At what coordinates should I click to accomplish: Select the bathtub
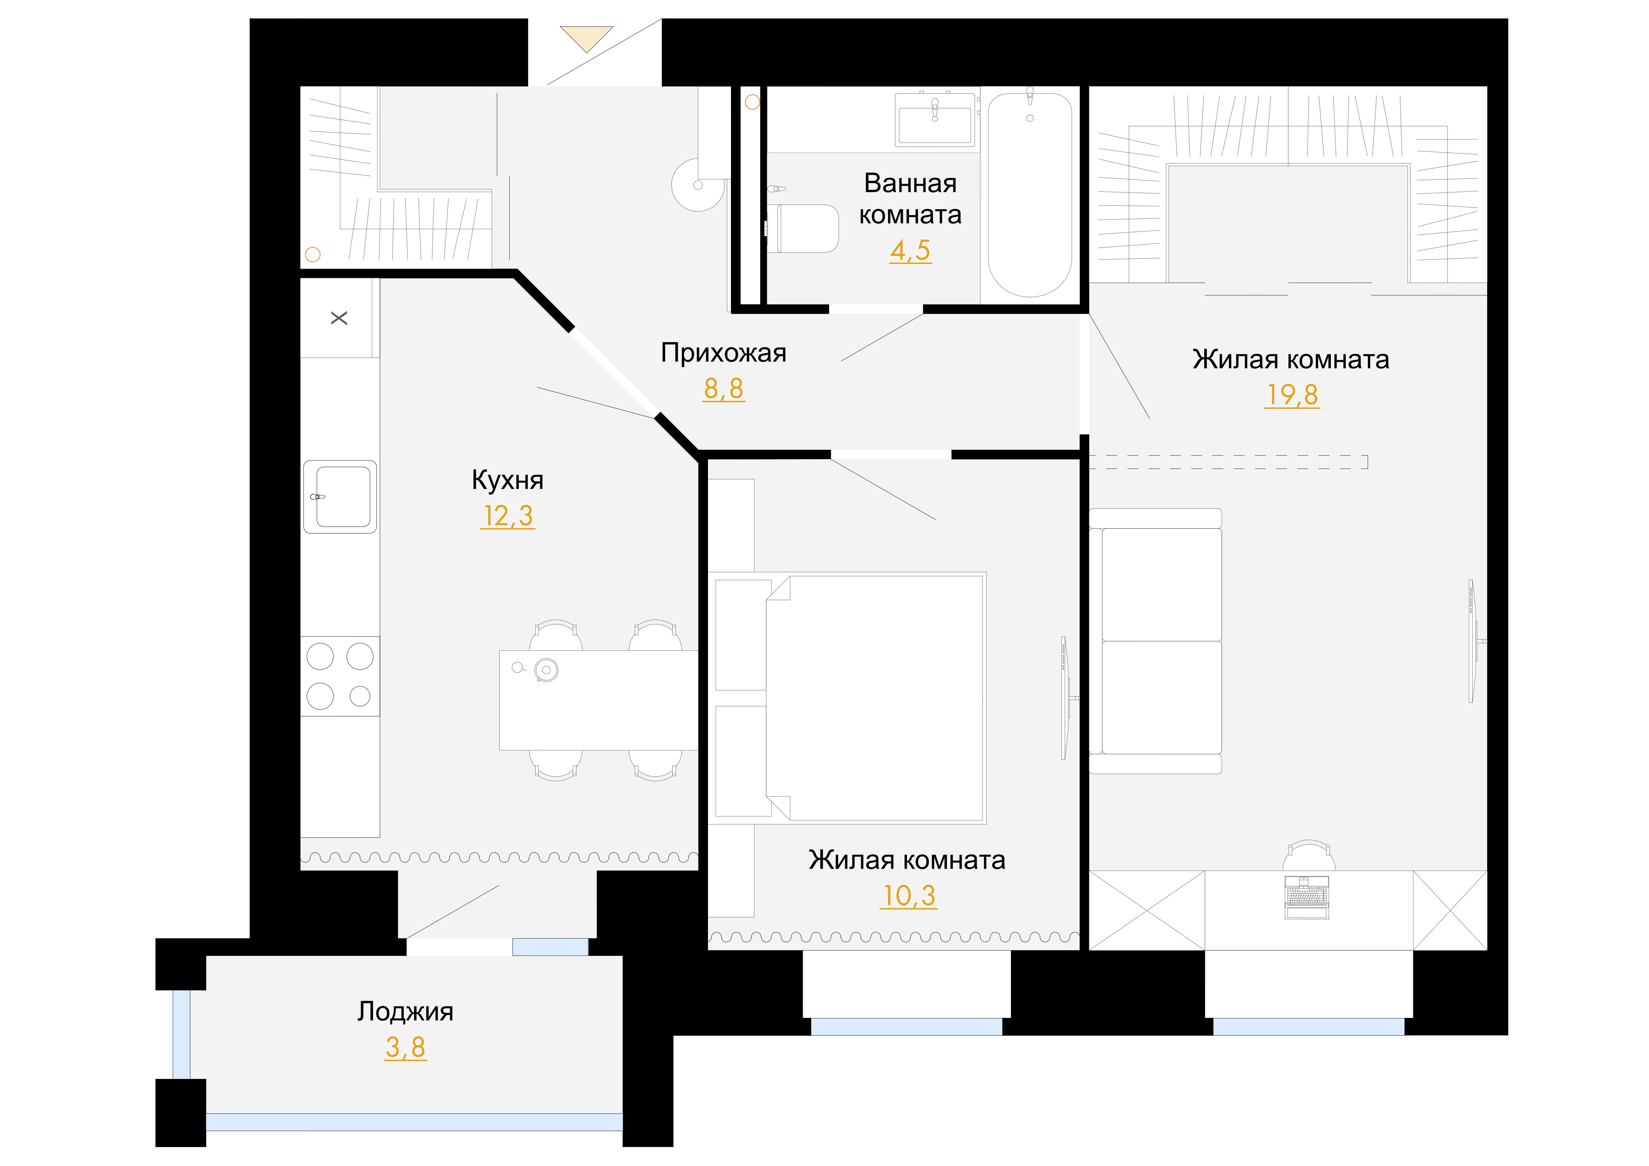tap(1030, 194)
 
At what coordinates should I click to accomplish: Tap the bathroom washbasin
tap(935, 120)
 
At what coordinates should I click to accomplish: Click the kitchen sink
tap(340, 497)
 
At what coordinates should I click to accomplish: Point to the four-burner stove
tap(340, 676)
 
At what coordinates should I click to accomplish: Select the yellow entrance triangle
tap(587, 39)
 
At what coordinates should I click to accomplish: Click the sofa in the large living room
tap(1156, 641)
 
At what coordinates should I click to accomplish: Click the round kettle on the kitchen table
tap(546, 670)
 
